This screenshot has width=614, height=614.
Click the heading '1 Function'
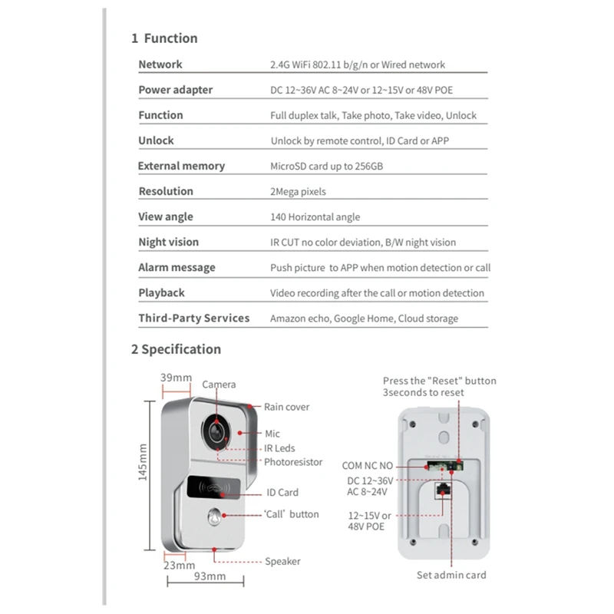tap(164, 38)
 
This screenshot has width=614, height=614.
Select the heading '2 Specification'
tap(176, 349)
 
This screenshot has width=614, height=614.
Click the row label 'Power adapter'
tap(176, 90)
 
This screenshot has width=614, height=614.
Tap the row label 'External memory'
tap(181, 166)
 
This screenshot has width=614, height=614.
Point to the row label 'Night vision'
tap(168, 242)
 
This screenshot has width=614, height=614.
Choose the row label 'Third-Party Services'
tap(193, 318)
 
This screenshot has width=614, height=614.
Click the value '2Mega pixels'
tap(299, 191)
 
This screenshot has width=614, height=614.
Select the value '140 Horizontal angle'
tap(315, 216)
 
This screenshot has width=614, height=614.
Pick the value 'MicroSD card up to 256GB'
tap(326, 166)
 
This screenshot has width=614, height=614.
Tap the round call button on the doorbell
tap(213, 517)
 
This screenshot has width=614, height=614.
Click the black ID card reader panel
tap(213, 487)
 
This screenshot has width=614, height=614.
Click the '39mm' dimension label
tap(176, 378)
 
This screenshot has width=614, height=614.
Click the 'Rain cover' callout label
tap(287, 407)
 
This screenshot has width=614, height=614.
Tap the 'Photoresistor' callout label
tap(293, 462)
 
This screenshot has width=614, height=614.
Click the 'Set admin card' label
tap(451, 575)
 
